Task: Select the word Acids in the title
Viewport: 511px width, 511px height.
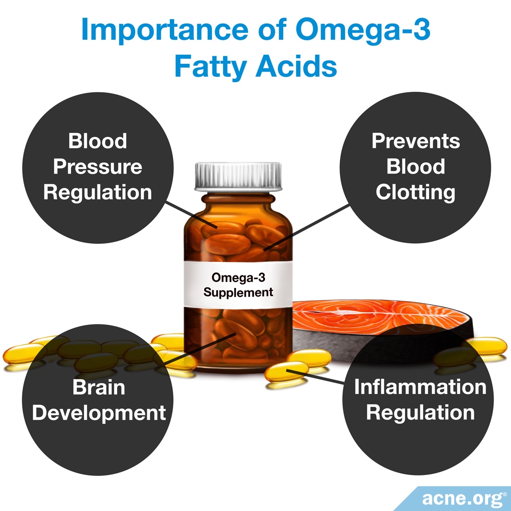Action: tap(296, 66)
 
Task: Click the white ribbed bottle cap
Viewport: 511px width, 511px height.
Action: tap(238, 176)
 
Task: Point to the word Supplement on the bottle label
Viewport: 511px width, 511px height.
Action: tap(238, 293)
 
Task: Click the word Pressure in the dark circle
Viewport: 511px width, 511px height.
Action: tap(98, 166)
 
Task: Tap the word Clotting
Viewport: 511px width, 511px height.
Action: tap(416, 192)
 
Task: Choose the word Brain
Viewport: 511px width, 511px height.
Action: tap(99, 387)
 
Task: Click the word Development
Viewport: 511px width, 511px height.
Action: tap(99, 413)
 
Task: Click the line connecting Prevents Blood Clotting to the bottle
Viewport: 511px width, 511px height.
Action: tap(306, 228)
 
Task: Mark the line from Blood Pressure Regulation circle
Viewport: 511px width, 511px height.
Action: tap(191, 215)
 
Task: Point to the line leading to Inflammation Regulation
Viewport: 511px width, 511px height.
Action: tap(315, 377)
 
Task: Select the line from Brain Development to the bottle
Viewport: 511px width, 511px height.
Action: tap(200, 349)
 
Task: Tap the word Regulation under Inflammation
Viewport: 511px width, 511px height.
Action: tap(420, 413)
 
